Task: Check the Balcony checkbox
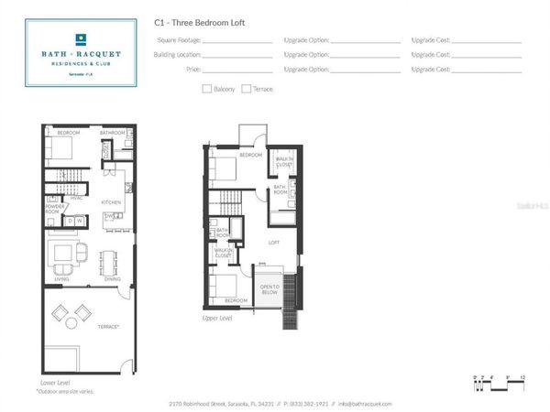coord(206,89)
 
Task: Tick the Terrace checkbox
coord(247,89)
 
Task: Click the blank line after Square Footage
coord(236,41)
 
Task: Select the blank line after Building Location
coord(236,55)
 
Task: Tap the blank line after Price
coord(236,70)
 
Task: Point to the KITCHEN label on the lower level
coord(111,201)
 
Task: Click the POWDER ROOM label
coord(52,208)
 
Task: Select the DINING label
coord(113,278)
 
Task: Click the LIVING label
coord(62,278)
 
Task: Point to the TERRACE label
coord(108,326)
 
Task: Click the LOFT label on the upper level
coord(273,243)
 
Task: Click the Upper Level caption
coord(218,318)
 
